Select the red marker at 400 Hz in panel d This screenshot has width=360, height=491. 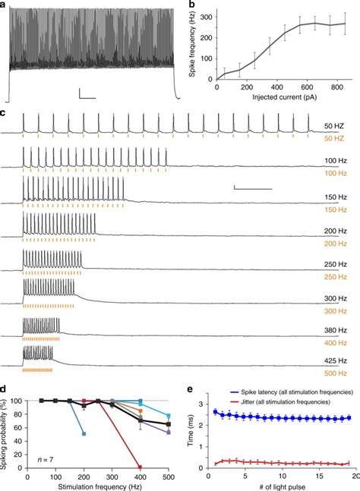138,467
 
